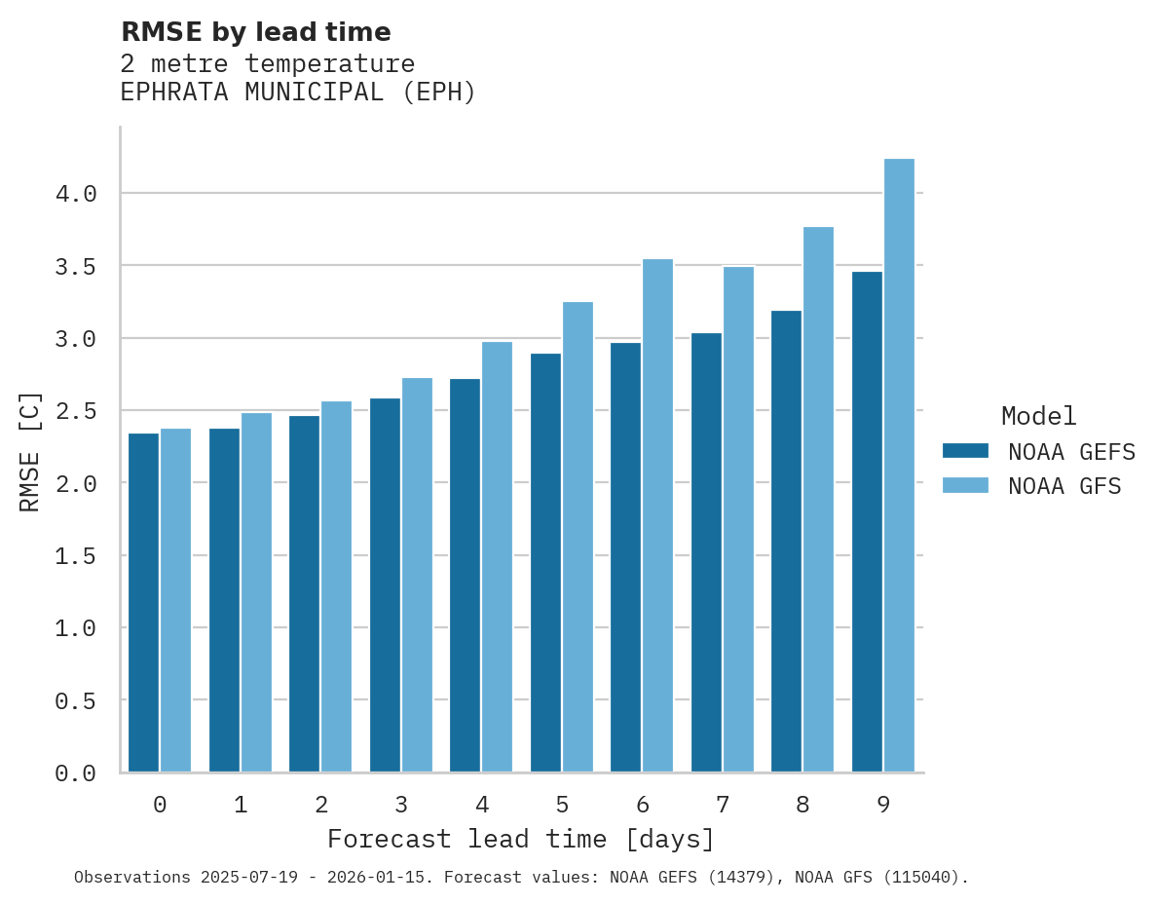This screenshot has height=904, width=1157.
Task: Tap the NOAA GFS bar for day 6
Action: [x=657, y=515]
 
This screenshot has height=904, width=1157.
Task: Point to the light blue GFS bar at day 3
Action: [x=417, y=575]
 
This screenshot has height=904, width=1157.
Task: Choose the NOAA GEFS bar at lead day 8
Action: [x=786, y=541]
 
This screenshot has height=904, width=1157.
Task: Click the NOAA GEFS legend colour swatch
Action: [x=965, y=451]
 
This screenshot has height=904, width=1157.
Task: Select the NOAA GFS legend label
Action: [x=1064, y=486]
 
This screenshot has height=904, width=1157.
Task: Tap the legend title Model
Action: [x=1038, y=416]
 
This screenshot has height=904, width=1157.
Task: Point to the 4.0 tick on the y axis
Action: [x=76, y=194]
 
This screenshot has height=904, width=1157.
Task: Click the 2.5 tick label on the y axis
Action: [x=76, y=411]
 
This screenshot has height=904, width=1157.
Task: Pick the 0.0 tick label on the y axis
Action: [x=76, y=773]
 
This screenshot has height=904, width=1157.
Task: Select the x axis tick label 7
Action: [x=722, y=805]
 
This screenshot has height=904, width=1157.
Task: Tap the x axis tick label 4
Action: [x=481, y=805]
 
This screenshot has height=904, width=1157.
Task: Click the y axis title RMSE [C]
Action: [x=30, y=452]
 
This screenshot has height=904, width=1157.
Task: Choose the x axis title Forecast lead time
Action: [x=521, y=839]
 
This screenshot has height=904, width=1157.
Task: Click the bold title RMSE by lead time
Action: [x=255, y=32]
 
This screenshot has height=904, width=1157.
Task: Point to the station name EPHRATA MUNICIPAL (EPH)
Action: [x=298, y=93]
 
